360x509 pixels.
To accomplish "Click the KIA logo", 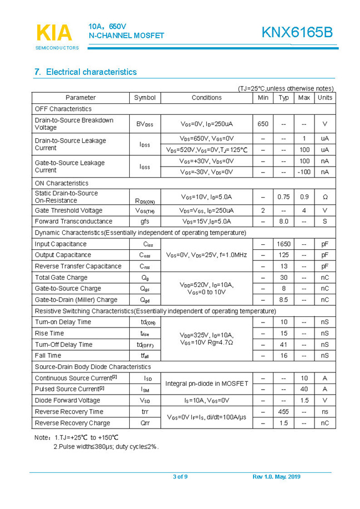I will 54,33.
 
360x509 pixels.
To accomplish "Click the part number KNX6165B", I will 297,33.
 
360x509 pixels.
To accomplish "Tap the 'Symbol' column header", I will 145,98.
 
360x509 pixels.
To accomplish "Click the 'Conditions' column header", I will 206,98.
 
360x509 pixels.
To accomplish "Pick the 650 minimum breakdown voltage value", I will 263,124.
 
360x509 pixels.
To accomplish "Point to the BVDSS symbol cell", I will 145,124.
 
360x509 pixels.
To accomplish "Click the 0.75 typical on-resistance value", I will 283,197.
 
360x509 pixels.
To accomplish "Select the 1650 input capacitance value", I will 283,244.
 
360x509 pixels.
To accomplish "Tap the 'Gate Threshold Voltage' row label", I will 68,211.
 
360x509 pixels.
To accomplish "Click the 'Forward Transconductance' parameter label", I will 73,221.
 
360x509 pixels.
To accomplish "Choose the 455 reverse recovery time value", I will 283,412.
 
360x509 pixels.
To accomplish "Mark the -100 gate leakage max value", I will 303,172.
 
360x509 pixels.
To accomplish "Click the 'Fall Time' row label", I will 48,355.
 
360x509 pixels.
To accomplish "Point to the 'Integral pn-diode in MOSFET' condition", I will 206,384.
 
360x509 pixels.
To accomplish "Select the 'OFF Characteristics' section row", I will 63,109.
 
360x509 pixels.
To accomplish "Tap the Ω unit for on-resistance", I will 324,197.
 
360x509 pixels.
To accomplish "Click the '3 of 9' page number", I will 180,477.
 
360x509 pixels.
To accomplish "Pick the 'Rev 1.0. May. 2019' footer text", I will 276,477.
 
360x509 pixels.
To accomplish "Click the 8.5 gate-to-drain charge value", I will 283,300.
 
